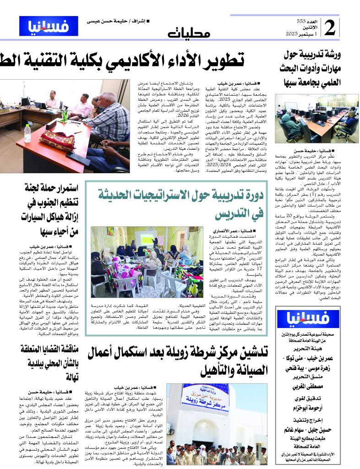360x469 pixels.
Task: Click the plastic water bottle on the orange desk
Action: (27, 133)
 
